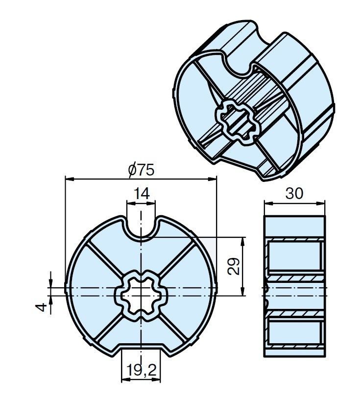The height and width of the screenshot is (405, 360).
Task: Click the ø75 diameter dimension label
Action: (142, 170)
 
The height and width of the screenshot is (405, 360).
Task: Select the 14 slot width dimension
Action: (142, 194)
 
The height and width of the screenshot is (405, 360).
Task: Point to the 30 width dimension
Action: (294, 193)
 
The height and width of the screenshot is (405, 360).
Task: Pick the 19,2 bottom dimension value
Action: (142, 370)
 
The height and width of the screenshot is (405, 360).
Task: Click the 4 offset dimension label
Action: (41, 307)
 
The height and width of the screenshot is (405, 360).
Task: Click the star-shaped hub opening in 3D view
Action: (236, 122)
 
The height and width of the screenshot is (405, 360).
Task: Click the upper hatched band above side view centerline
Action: (295, 278)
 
